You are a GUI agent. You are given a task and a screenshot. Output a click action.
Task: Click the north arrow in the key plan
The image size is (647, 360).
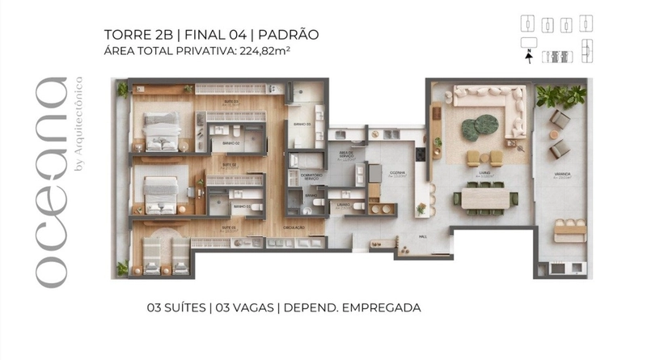tap(529, 57)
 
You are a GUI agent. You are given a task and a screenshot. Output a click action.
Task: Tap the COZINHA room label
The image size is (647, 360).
tap(396, 173)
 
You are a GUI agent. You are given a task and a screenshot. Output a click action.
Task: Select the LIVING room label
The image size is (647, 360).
tap(484, 172)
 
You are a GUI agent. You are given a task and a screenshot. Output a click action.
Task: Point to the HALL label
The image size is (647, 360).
tap(423, 237)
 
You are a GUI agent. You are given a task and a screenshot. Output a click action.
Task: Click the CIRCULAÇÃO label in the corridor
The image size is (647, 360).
tap(293, 227)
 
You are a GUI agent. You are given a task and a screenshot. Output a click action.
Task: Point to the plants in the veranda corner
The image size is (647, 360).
tap(561, 96)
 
